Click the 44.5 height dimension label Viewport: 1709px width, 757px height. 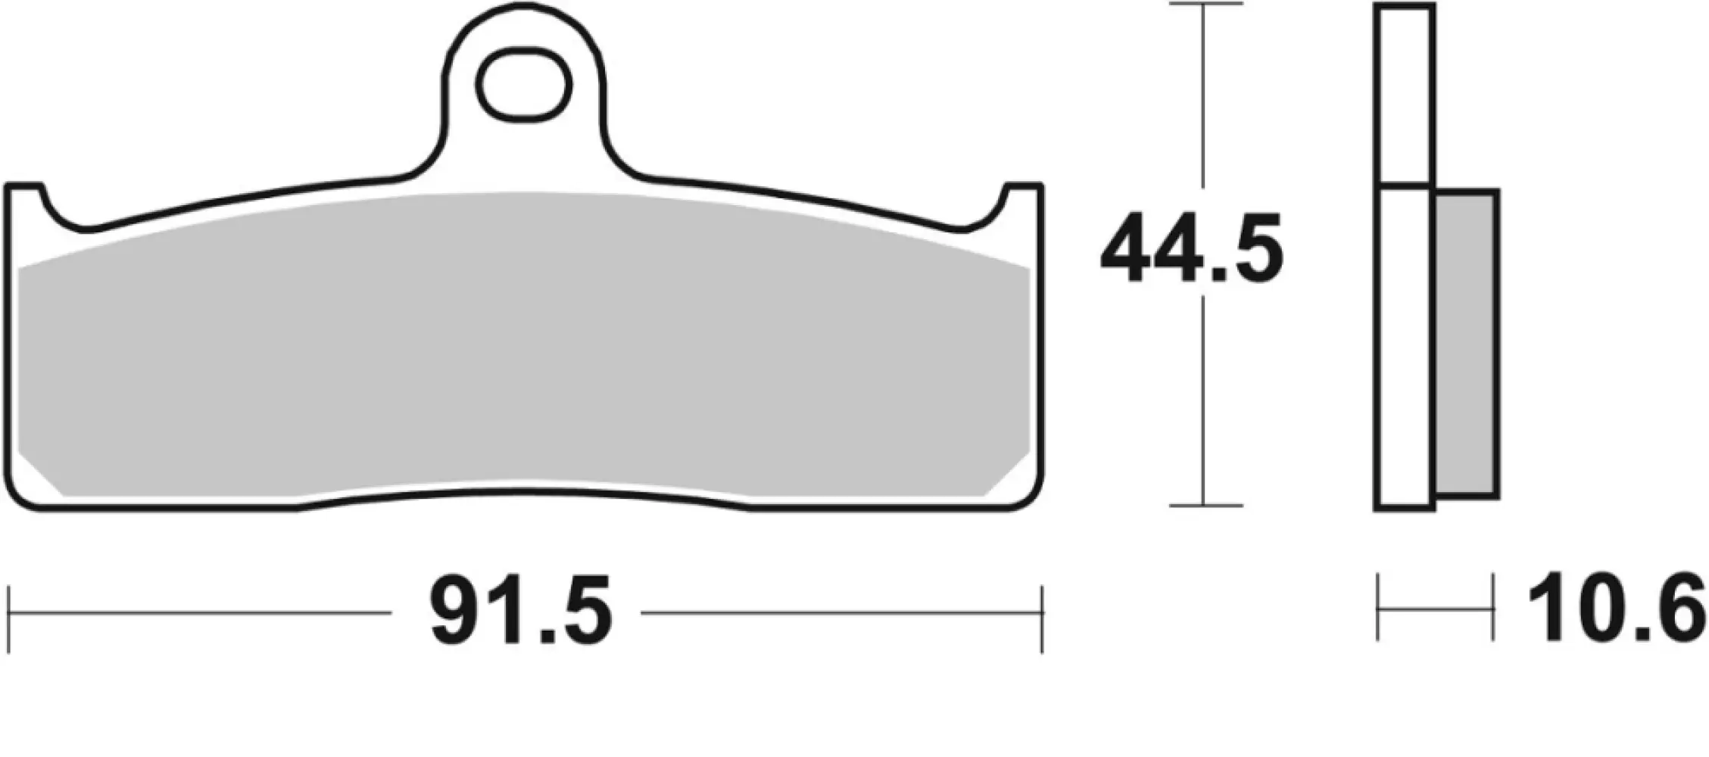click(1191, 249)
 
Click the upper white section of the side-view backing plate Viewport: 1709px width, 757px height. click(1405, 95)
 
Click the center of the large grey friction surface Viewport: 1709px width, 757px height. click(522, 348)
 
